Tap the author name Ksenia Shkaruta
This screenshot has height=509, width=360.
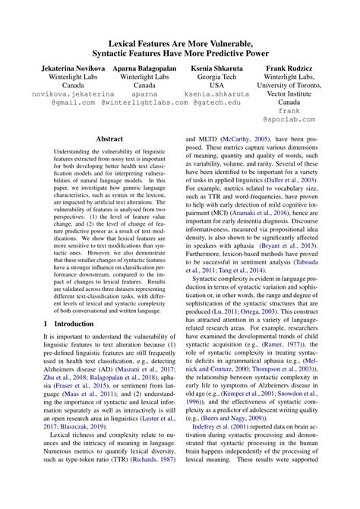point(217,68)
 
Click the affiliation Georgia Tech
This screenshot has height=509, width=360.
point(217,77)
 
